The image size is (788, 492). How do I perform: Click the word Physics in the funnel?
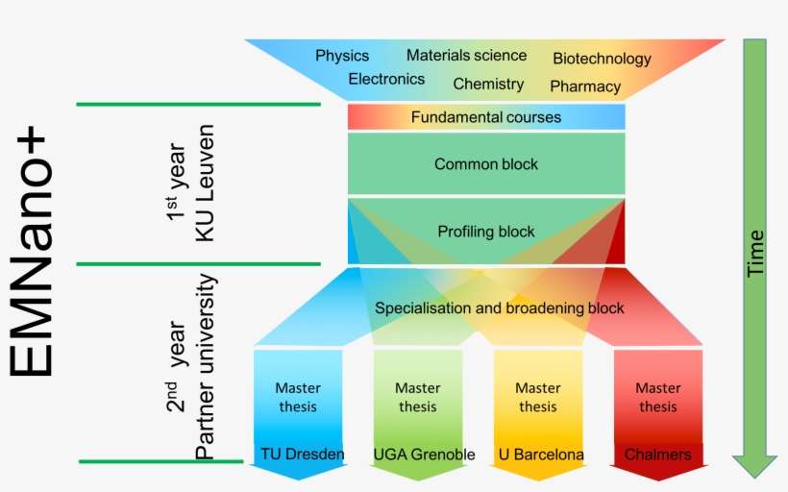pos(342,56)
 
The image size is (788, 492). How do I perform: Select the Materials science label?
pos(466,56)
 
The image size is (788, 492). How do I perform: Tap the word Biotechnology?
pos(602,59)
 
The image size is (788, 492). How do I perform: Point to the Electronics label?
pos(386,79)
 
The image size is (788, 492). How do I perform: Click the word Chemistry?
pos(488,84)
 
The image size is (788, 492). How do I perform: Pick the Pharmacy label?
pos(585,86)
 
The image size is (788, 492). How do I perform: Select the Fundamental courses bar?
pos(486,117)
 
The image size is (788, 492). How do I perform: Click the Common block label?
pos(486,164)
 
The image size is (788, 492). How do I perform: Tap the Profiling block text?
pos(486,232)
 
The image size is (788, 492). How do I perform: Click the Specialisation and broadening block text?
pos(499,308)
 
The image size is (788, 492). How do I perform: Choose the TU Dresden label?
pos(302,454)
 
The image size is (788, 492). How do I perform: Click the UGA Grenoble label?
pos(424,454)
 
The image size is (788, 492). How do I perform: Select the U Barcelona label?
pos(541,454)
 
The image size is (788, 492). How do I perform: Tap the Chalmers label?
pos(657,454)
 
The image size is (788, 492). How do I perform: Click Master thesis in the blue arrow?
pos(298,397)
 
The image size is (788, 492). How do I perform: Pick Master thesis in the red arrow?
pos(658,397)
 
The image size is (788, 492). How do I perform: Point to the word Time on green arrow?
pos(756,254)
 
